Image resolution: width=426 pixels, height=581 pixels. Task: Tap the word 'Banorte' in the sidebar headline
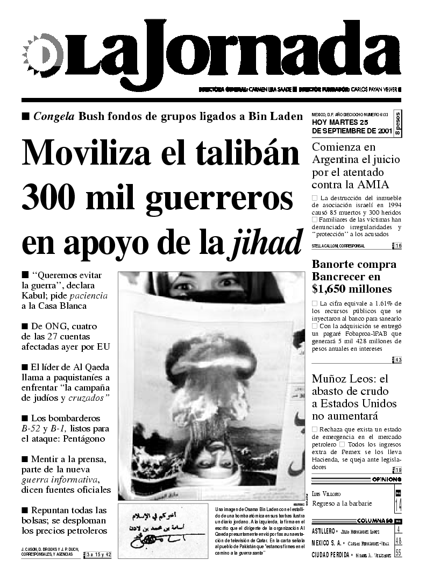[335, 264]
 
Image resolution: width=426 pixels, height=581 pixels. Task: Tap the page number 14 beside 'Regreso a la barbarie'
[397, 504]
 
